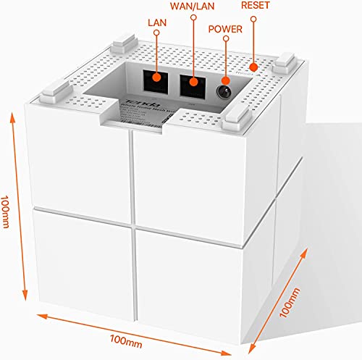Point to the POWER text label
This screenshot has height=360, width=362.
[226, 30]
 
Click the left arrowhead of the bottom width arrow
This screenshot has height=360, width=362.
[37, 314]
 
